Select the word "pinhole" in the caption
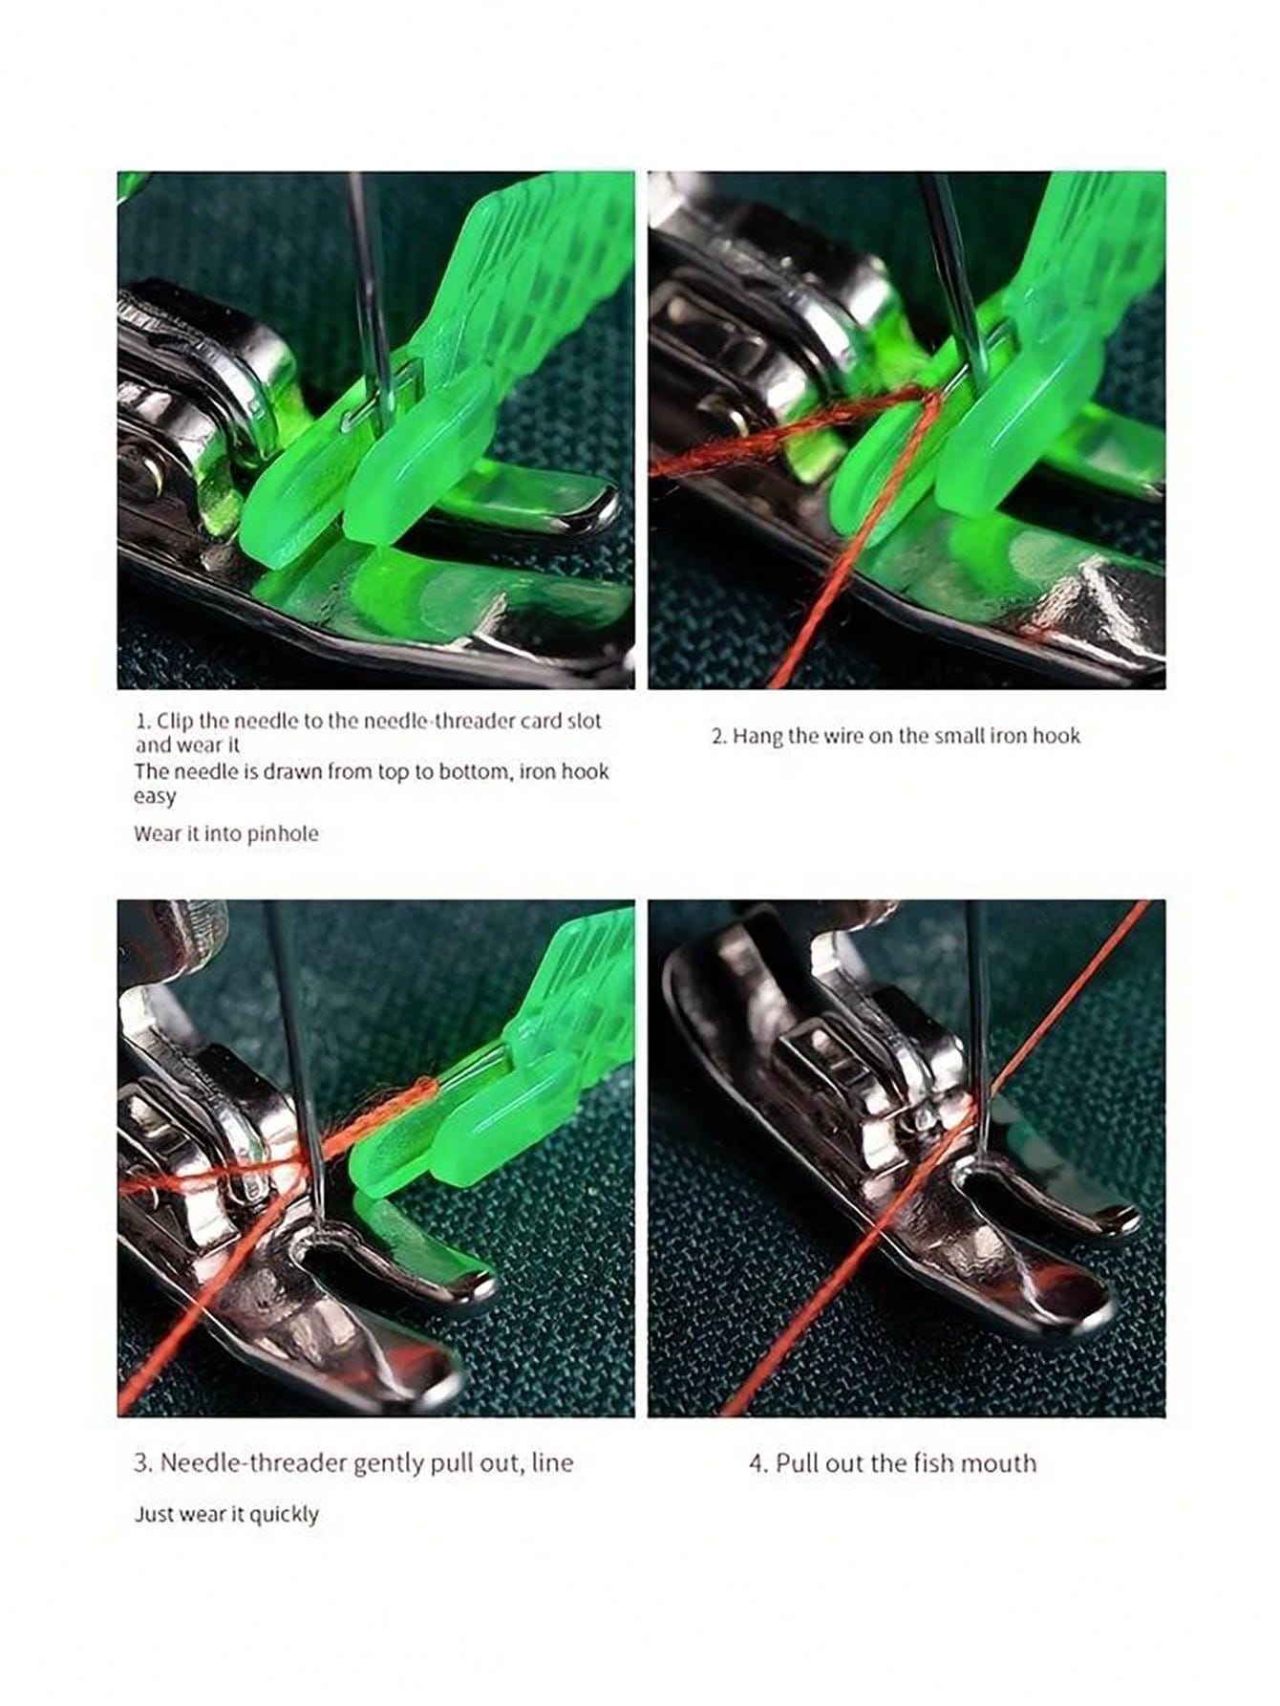click(x=283, y=833)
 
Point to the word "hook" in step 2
click(x=1056, y=736)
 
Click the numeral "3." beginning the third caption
click(x=143, y=1462)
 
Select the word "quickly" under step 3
click(x=283, y=1515)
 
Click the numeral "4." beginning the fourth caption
click(x=758, y=1462)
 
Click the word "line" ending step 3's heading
click(x=551, y=1462)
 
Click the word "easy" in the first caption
click(x=155, y=797)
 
